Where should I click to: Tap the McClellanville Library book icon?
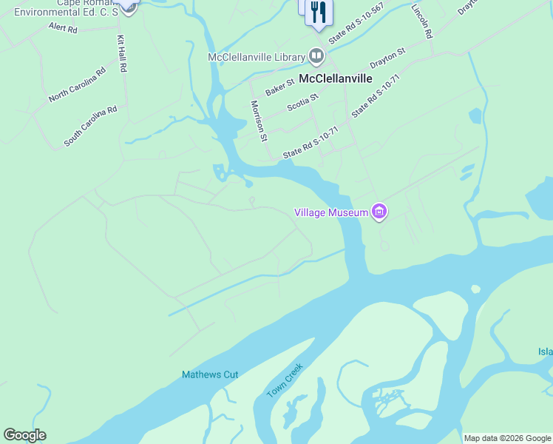pyautogui.click(x=316, y=56)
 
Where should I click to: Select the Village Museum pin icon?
pyautogui.click(x=379, y=212)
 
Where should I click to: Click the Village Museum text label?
pyautogui.click(x=331, y=212)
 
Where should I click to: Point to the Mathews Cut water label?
pyautogui.click(x=210, y=374)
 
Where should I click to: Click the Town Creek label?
pyautogui.click(x=285, y=380)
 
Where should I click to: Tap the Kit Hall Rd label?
pyautogui.click(x=122, y=53)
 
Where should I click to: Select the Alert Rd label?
pyautogui.click(x=63, y=28)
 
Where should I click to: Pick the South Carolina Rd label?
pyautogui.click(x=90, y=126)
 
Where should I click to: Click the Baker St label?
pyautogui.click(x=280, y=87)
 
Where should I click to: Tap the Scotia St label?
pyautogui.click(x=302, y=101)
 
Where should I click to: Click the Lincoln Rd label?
pyautogui.click(x=422, y=20)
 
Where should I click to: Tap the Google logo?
pyautogui.click(x=24, y=435)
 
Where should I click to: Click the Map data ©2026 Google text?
pyautogui.click(x=507, y=438)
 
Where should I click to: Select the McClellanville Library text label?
pyautogui.click(x=257, y=57)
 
